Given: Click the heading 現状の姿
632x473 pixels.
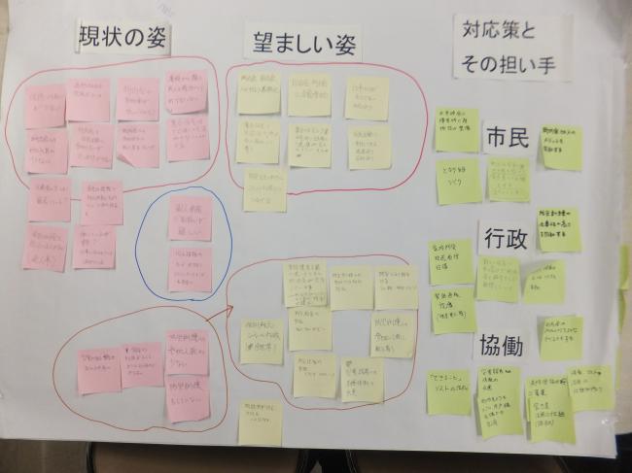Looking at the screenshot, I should pyautogui.click(x=125, y=38).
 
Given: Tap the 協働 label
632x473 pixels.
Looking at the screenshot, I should pyautogui.click(x=502, y=346).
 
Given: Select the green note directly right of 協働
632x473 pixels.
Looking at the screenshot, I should pyautogui.click(x=561, y=336).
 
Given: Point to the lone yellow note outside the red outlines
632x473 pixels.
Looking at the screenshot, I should pyautogui.click(x=260, y=422).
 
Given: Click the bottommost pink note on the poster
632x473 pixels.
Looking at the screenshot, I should pyautogui.click(x=187, y=400).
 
